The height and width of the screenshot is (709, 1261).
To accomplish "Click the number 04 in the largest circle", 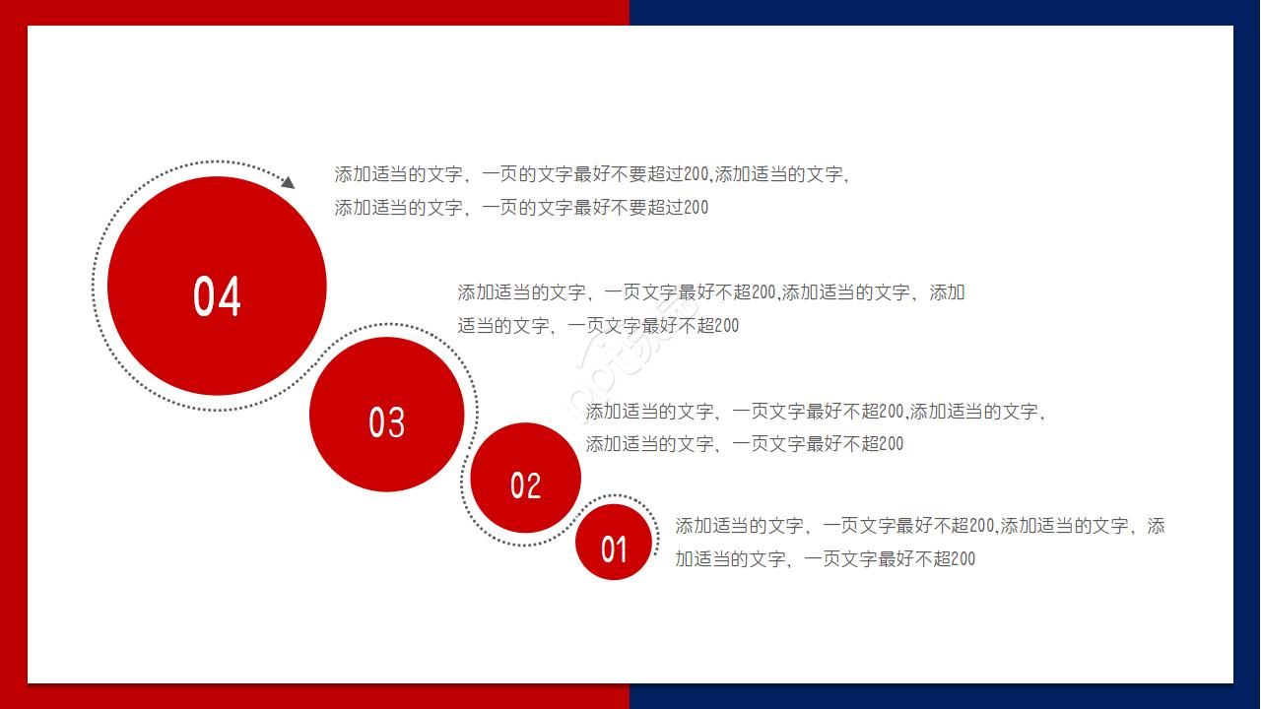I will (x=217, y=296).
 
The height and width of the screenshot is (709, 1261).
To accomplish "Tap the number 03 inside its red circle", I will (x=386, y=422).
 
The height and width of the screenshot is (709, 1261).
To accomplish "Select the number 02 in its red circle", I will (x=525, y=485).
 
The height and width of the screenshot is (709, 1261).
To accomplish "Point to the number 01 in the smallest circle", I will (x=614, y=548).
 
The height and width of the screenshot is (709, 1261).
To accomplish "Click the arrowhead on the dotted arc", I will (x=288, y=182).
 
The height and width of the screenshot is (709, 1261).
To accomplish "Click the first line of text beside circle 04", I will (x=591, y=174).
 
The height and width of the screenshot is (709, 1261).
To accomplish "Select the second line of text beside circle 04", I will (x=521, y=208).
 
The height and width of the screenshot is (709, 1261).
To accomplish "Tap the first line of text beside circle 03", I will (x=710, y=292).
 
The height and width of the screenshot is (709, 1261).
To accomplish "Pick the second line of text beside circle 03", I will (x=598, y=326).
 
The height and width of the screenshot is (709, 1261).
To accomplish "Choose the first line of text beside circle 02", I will (x=815, y=412).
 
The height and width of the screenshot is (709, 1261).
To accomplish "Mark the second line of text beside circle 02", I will (x=745, y=444).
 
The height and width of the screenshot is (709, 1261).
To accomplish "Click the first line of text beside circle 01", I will (x=919, y=526).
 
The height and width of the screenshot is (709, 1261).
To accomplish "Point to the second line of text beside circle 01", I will (x=825, y=559).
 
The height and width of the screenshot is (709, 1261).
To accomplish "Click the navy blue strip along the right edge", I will (x=1246, y=354).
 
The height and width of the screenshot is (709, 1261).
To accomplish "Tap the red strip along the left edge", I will (x=13, y=354).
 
